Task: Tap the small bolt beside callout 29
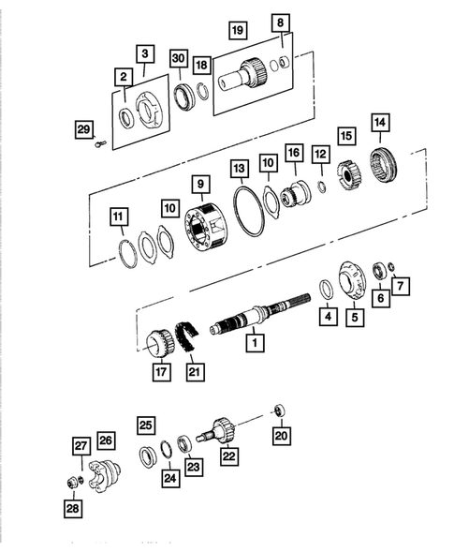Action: tap(100, 142)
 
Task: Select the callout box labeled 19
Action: tap(238, 32)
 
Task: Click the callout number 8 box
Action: tap(281, 22)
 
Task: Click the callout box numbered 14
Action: tap(379, 123)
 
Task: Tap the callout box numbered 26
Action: tap(106, 440)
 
